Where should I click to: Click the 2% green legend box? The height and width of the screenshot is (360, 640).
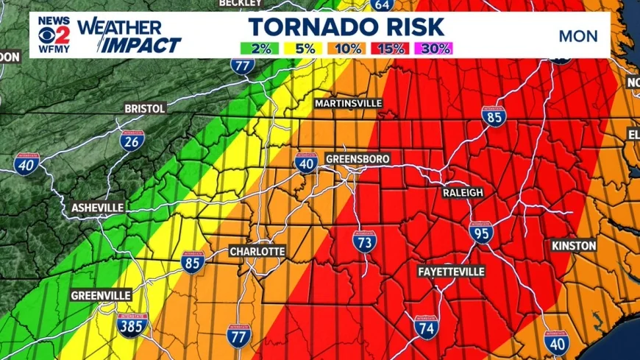260,49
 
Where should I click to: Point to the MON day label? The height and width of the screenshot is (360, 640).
578,36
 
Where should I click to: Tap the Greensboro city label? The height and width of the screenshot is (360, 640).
357,159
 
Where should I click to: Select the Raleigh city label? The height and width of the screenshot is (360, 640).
463,192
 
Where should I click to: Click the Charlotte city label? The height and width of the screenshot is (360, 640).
257,251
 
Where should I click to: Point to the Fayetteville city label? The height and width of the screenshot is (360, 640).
451,272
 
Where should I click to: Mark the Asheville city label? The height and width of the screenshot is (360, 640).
97,208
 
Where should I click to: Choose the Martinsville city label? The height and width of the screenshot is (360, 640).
349,103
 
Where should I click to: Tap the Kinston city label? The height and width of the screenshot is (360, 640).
573,245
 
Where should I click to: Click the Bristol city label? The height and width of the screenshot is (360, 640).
145,108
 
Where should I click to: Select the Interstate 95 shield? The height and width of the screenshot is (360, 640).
481,233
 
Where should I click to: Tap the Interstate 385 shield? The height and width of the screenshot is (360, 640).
132,324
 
